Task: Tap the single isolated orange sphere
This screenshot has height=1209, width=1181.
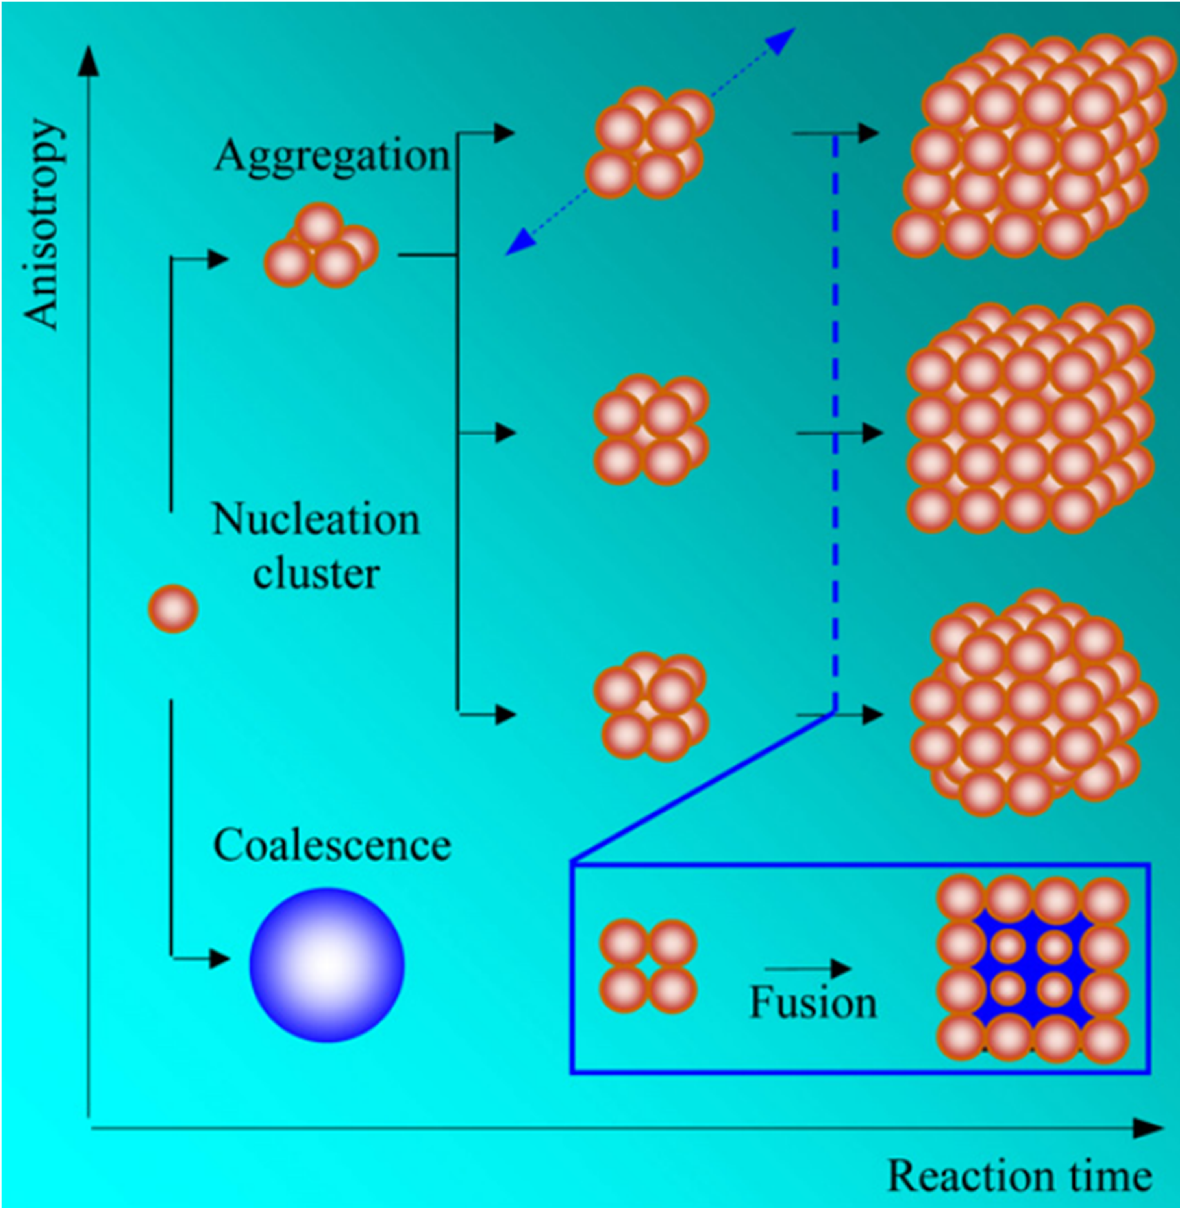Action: coord(173,609)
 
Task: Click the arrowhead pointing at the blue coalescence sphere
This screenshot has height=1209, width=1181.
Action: coord(218,958)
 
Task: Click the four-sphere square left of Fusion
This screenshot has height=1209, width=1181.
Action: coord(648,966)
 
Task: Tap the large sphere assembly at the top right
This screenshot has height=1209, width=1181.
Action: coord(1030,149)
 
